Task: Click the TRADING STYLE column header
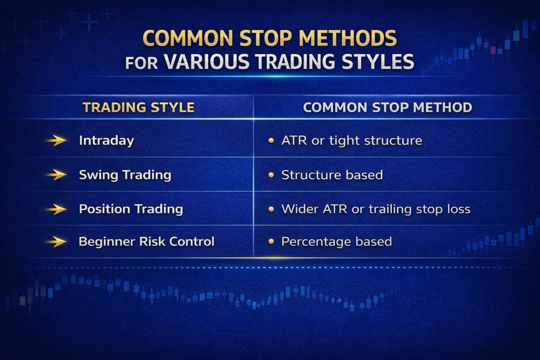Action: pos(138,108)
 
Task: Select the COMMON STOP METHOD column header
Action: pos(388,108)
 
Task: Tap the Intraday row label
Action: pos(106,141)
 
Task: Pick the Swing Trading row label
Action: pos(125,175)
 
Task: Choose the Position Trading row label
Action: pos(131,209)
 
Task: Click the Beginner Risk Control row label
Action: pos(147,242)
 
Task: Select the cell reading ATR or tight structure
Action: pos(351,141)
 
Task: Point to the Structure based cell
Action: pos(332,175)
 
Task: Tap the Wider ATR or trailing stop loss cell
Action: pos(375,209)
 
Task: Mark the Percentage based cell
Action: pos(336,242)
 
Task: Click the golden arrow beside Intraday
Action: pos(56,141)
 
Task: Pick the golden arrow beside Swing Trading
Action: pos(56,175)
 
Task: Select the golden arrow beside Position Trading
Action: pos(56,209)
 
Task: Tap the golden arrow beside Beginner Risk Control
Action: pos(56,242)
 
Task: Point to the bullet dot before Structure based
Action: pos(271,175)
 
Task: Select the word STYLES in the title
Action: pos(374,61)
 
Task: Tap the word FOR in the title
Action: pos(141,63)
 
